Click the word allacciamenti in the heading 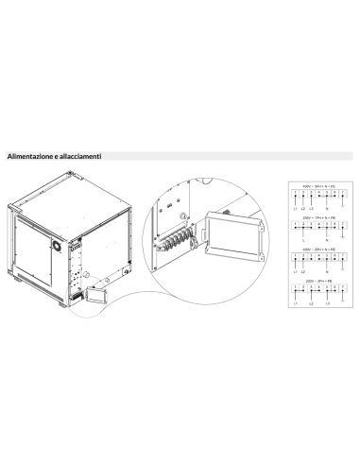click(80, 155)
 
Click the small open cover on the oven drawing click(95, 295)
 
